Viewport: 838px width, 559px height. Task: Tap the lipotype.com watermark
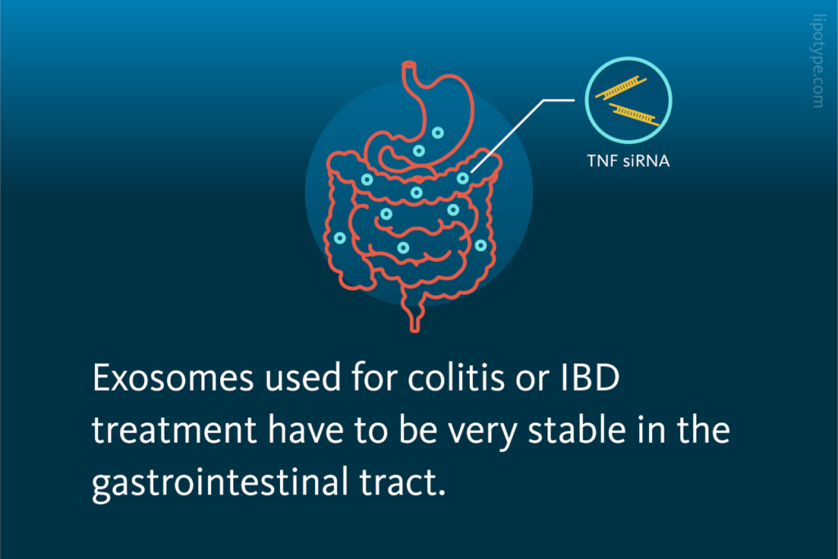click(818, 65)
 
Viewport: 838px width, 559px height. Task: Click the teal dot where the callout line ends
click(463, 178)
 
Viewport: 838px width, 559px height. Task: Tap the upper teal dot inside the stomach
click(439, 133)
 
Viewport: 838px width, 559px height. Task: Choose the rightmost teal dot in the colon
click(481, 245)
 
